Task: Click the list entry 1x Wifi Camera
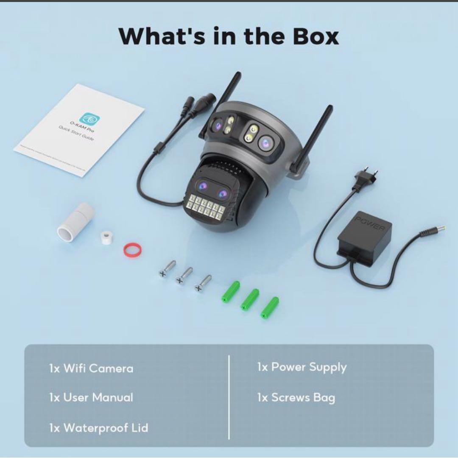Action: (x=91, y=368)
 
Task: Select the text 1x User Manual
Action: (x=91, y=397)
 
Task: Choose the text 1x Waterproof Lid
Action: (x=99, y=427)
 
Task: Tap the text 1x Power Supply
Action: (x=302, y=367)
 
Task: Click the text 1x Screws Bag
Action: (x=296, y=397)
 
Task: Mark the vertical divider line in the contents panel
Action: (x=229, y=397)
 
